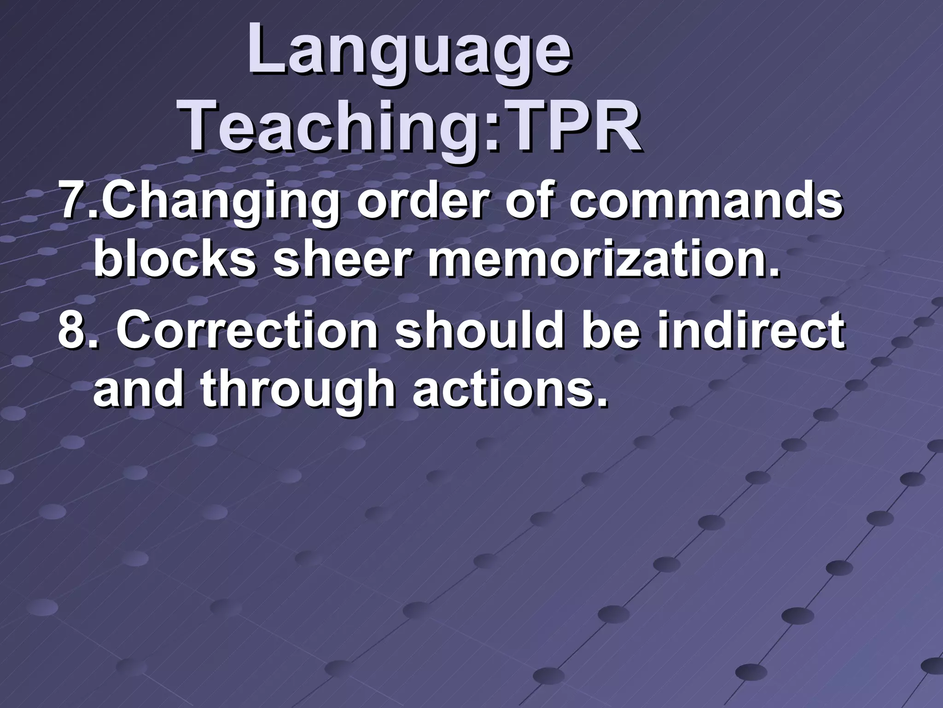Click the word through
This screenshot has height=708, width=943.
click(297, 392)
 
